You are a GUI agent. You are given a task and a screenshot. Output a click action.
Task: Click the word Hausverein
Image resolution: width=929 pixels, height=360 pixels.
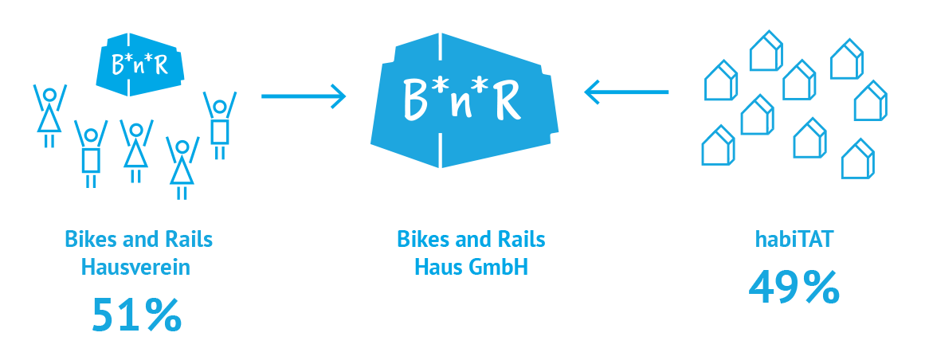click(136, 268)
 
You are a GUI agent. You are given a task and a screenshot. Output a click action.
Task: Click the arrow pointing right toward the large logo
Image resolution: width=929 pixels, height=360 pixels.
click(304, 96)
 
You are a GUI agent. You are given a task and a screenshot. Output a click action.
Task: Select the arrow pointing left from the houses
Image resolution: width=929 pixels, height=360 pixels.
click(626, 92)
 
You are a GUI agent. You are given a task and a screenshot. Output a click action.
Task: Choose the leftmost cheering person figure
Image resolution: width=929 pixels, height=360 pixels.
click(49, 115)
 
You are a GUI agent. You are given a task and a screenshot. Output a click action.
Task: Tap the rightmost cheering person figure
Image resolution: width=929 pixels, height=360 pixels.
click(220, 125)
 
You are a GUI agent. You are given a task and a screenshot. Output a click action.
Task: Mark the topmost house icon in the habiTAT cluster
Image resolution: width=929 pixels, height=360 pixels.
click(766, 50)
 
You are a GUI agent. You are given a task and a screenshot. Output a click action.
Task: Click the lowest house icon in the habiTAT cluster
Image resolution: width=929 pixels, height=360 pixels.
click(858, 158)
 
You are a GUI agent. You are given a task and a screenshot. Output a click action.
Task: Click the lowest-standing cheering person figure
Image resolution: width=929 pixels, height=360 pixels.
click(182, 167)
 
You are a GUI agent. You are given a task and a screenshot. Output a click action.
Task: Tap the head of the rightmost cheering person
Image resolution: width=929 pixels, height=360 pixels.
click(220, 108)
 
